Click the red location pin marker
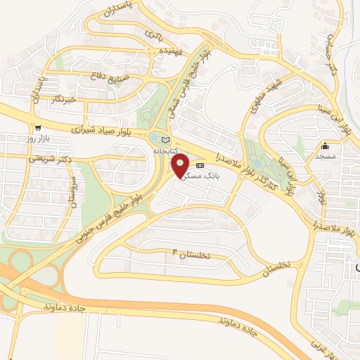pyautogui.click(x=180, y=165)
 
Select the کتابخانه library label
pyautogui.click(x=166, y=150)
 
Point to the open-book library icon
pyautogui.click(x=166, y=139)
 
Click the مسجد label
pyautogui.click(x=325, y=155)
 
